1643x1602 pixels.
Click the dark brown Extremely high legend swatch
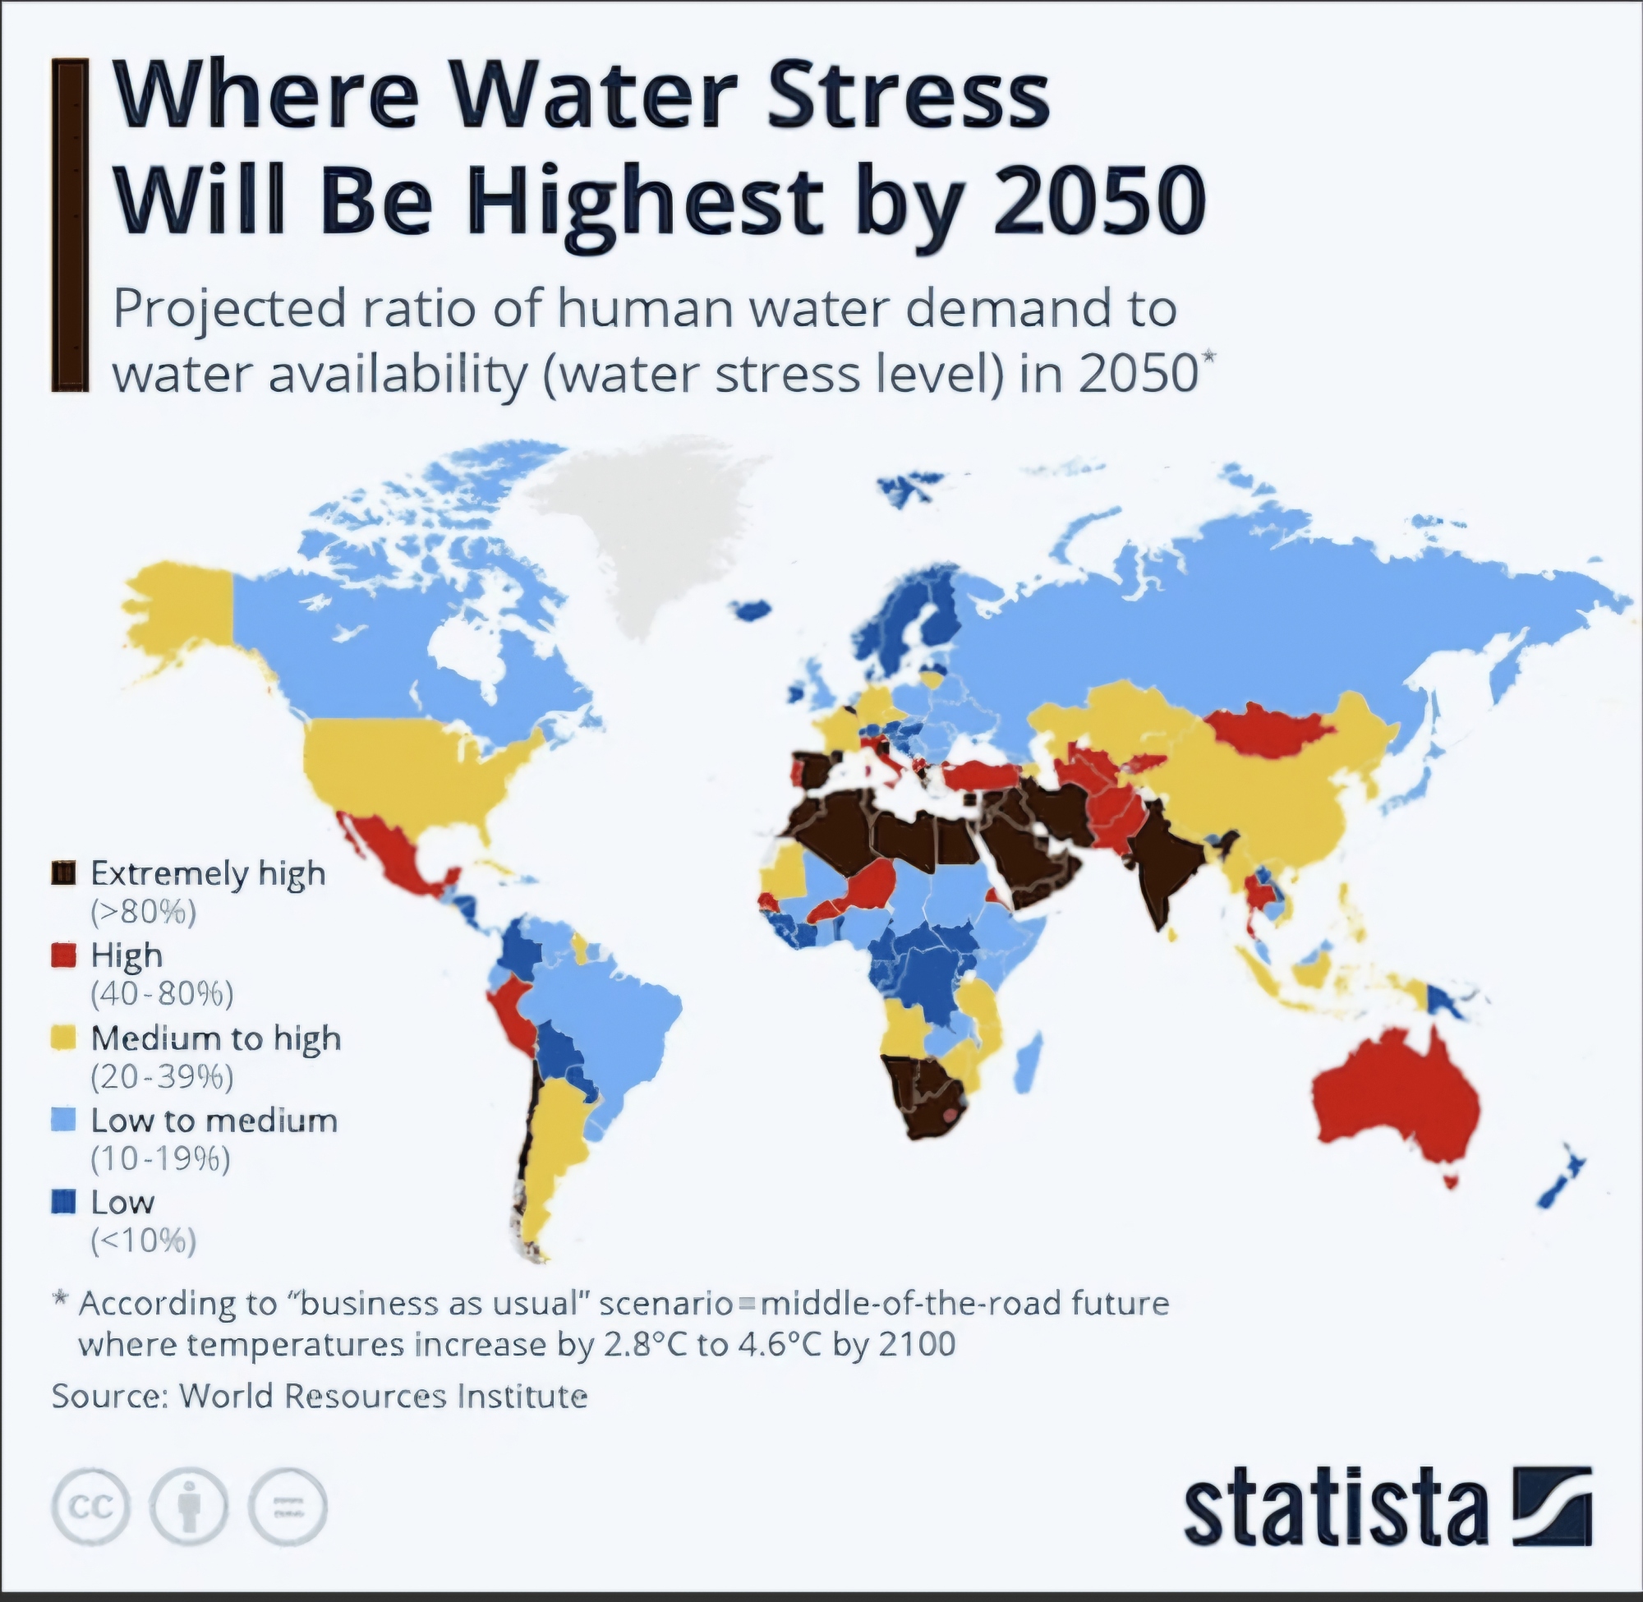tap(64, 872)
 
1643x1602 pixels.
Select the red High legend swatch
tap(64, 955)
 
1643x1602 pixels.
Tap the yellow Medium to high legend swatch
tap(64, 1038)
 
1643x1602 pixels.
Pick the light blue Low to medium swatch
tap(64, 1119)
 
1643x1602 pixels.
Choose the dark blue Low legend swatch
tap(64, 1200)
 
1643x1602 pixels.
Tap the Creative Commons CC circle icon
tap(91, 1506)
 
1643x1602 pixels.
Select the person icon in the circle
tap(189, 1506)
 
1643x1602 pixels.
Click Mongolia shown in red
tap(1266, 730)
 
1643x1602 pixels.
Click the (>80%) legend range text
tap(143, 912)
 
